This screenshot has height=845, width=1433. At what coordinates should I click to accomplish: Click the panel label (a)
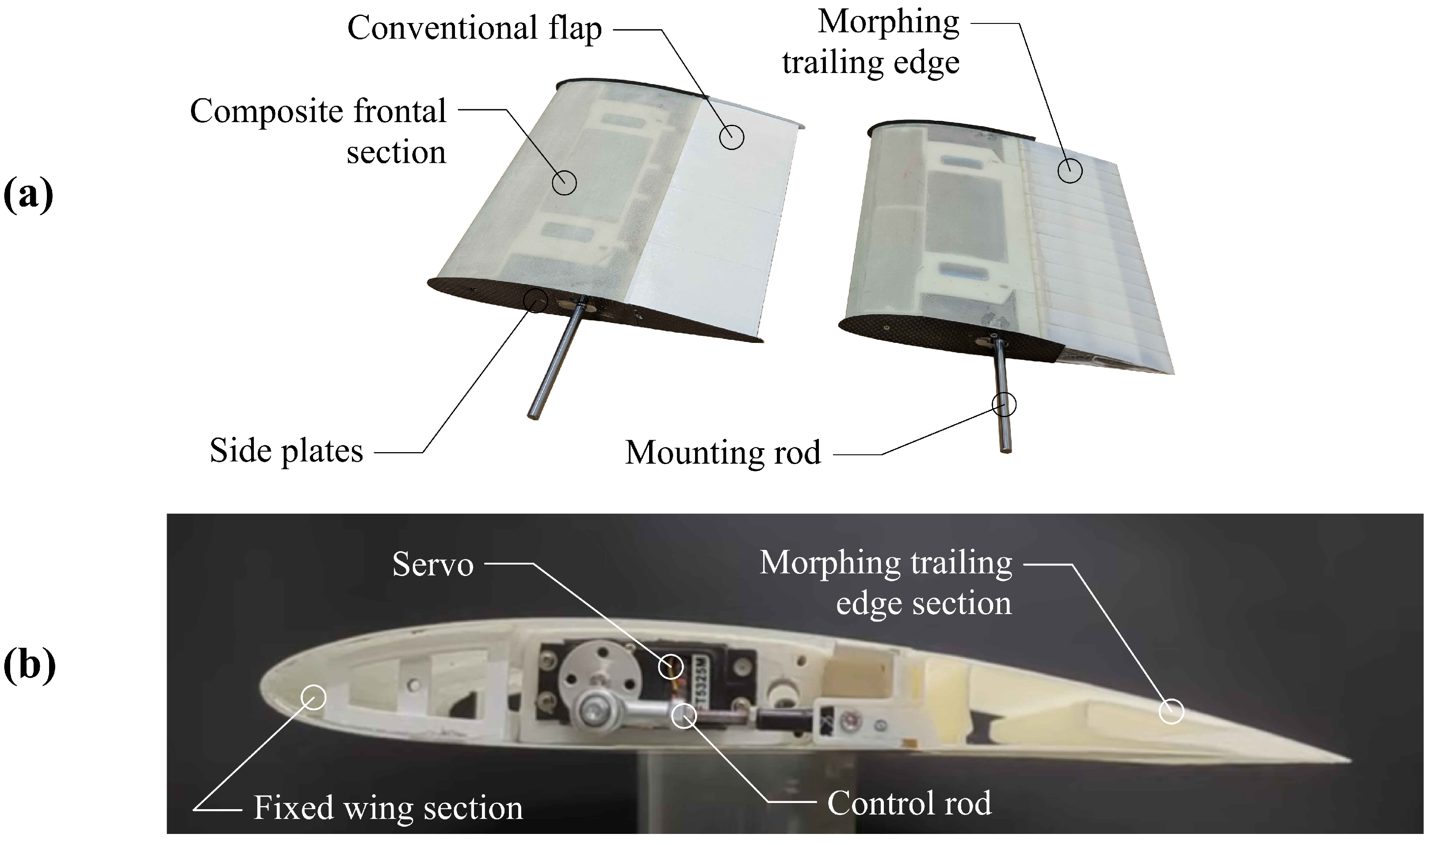(28, 195)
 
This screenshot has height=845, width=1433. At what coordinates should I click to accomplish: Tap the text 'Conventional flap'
(474, 28)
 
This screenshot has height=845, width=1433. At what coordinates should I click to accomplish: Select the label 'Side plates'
(286, 451)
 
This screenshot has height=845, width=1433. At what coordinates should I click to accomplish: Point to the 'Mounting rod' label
(723, 453)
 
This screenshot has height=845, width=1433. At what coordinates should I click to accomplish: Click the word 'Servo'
(432, 565)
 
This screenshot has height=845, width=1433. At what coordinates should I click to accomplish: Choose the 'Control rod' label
(909, 803)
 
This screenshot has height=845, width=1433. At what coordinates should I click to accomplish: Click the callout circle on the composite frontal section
(565, 183)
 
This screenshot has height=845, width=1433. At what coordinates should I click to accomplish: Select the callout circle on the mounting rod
(1004, 404)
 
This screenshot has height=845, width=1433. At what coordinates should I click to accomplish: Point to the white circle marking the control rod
(684, 716)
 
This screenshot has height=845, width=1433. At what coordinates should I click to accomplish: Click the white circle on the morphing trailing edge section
(1171, 712)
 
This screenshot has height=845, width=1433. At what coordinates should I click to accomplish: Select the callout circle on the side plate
(535, 301)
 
